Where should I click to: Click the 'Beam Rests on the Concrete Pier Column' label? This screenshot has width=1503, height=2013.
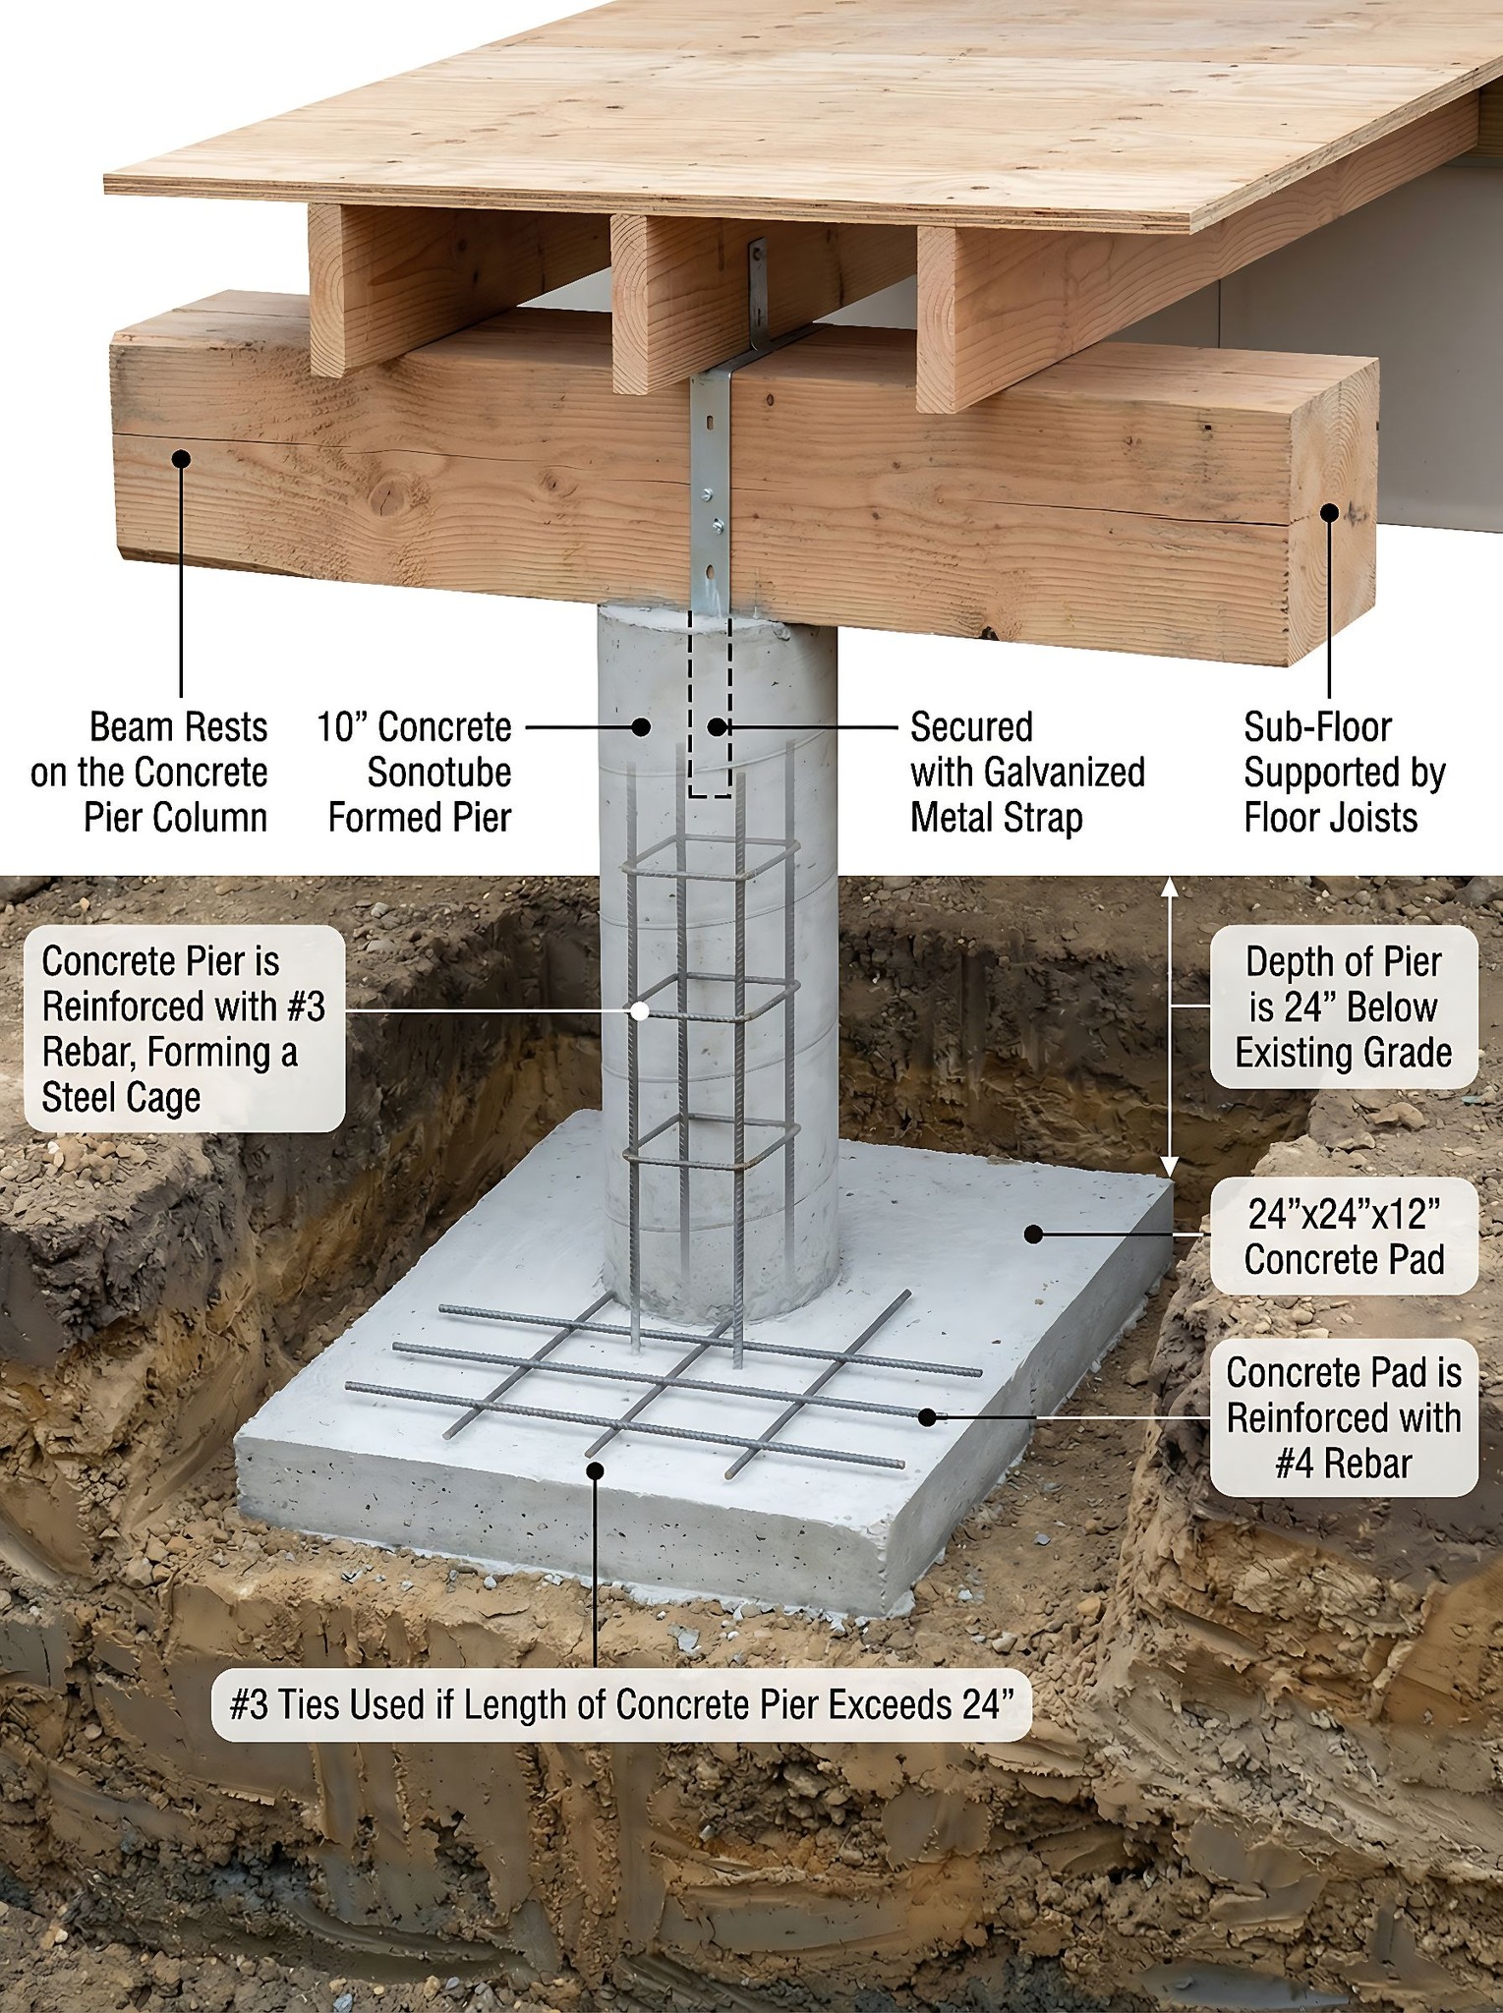149,773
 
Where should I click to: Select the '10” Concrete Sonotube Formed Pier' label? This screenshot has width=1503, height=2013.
415,773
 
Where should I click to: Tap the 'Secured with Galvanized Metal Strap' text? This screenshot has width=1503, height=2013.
1027,773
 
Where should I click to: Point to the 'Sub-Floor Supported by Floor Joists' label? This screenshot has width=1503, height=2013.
1344,773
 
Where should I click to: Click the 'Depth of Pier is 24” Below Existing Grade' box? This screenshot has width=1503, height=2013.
1344,1006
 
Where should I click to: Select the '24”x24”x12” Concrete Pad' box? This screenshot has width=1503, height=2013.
1344,1237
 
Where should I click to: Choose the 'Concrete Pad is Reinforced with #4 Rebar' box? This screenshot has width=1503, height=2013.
1344,1417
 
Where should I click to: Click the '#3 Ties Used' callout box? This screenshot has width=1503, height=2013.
621,1704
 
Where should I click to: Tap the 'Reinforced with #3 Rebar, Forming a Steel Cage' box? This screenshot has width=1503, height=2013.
184,1028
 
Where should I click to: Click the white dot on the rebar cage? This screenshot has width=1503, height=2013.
640,1010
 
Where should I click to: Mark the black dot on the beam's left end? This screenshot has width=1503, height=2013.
181,458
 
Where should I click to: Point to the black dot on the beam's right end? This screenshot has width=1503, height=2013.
1329,512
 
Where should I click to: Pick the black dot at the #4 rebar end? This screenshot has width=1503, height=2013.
927,1416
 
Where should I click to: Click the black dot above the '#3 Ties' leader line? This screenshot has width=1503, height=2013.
595,1470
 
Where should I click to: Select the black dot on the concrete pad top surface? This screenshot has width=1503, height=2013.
1033,1234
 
